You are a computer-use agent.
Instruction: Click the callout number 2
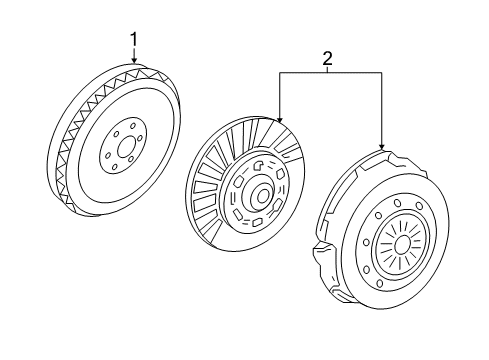coord(326,60)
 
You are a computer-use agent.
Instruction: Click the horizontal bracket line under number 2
coord(331,73)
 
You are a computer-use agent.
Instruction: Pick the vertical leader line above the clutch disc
coord(281,95)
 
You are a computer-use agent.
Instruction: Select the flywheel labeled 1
coord(115,150)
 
